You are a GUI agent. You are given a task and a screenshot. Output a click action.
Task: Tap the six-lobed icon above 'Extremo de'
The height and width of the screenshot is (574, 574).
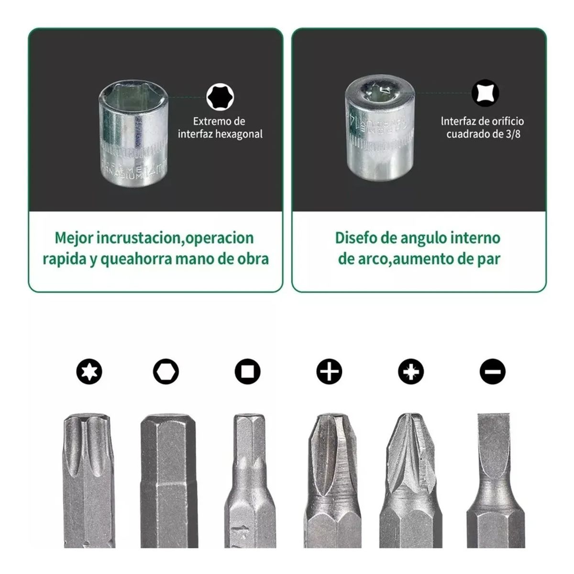pos(220,97)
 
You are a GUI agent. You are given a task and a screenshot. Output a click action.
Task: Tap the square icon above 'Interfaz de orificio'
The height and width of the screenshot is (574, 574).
pos(485,93)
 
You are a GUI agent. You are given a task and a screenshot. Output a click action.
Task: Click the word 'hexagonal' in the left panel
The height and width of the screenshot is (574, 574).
pos(239,134)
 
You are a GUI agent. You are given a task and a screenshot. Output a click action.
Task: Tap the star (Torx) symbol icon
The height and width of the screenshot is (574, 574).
pos(89,371)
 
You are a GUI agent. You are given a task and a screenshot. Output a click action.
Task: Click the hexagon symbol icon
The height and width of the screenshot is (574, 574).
pos(166,371)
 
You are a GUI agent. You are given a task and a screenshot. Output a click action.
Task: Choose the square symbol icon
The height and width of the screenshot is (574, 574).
pos(247,371)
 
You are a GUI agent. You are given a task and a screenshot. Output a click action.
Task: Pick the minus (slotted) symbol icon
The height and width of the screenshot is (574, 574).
pos(492,371)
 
